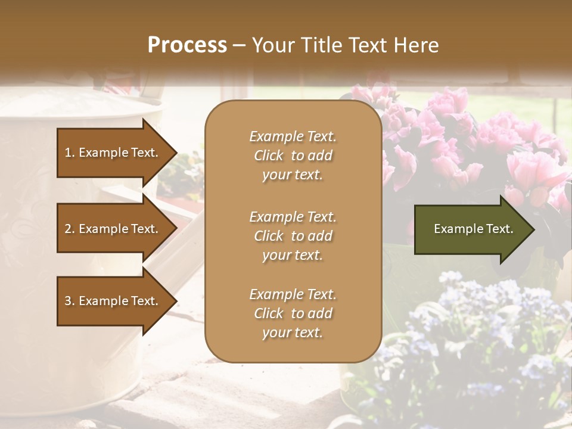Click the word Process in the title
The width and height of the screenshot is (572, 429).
point(187,45)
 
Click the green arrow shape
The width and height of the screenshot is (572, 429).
point(471,229)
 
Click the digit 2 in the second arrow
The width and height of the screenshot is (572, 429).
point(68,229)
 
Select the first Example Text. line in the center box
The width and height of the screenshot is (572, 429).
point(293,136)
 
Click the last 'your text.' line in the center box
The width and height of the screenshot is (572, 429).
point(293,332)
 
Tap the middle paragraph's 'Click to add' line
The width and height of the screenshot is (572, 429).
point(293,236)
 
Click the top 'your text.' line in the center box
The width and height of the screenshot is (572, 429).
point(293,175)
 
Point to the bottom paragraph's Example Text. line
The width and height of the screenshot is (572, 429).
point(293,294)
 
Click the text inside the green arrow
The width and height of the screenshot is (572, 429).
point(473,229)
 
